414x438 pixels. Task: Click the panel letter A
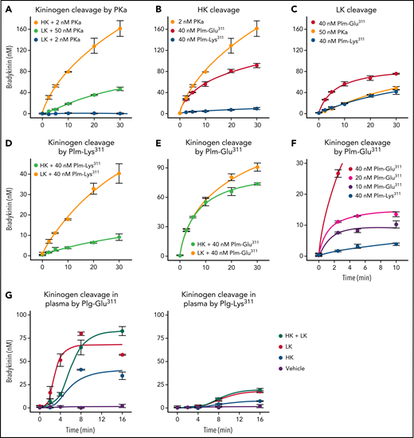(x=7, y=8)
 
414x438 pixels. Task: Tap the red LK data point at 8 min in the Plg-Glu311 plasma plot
(x=81, y=334)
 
